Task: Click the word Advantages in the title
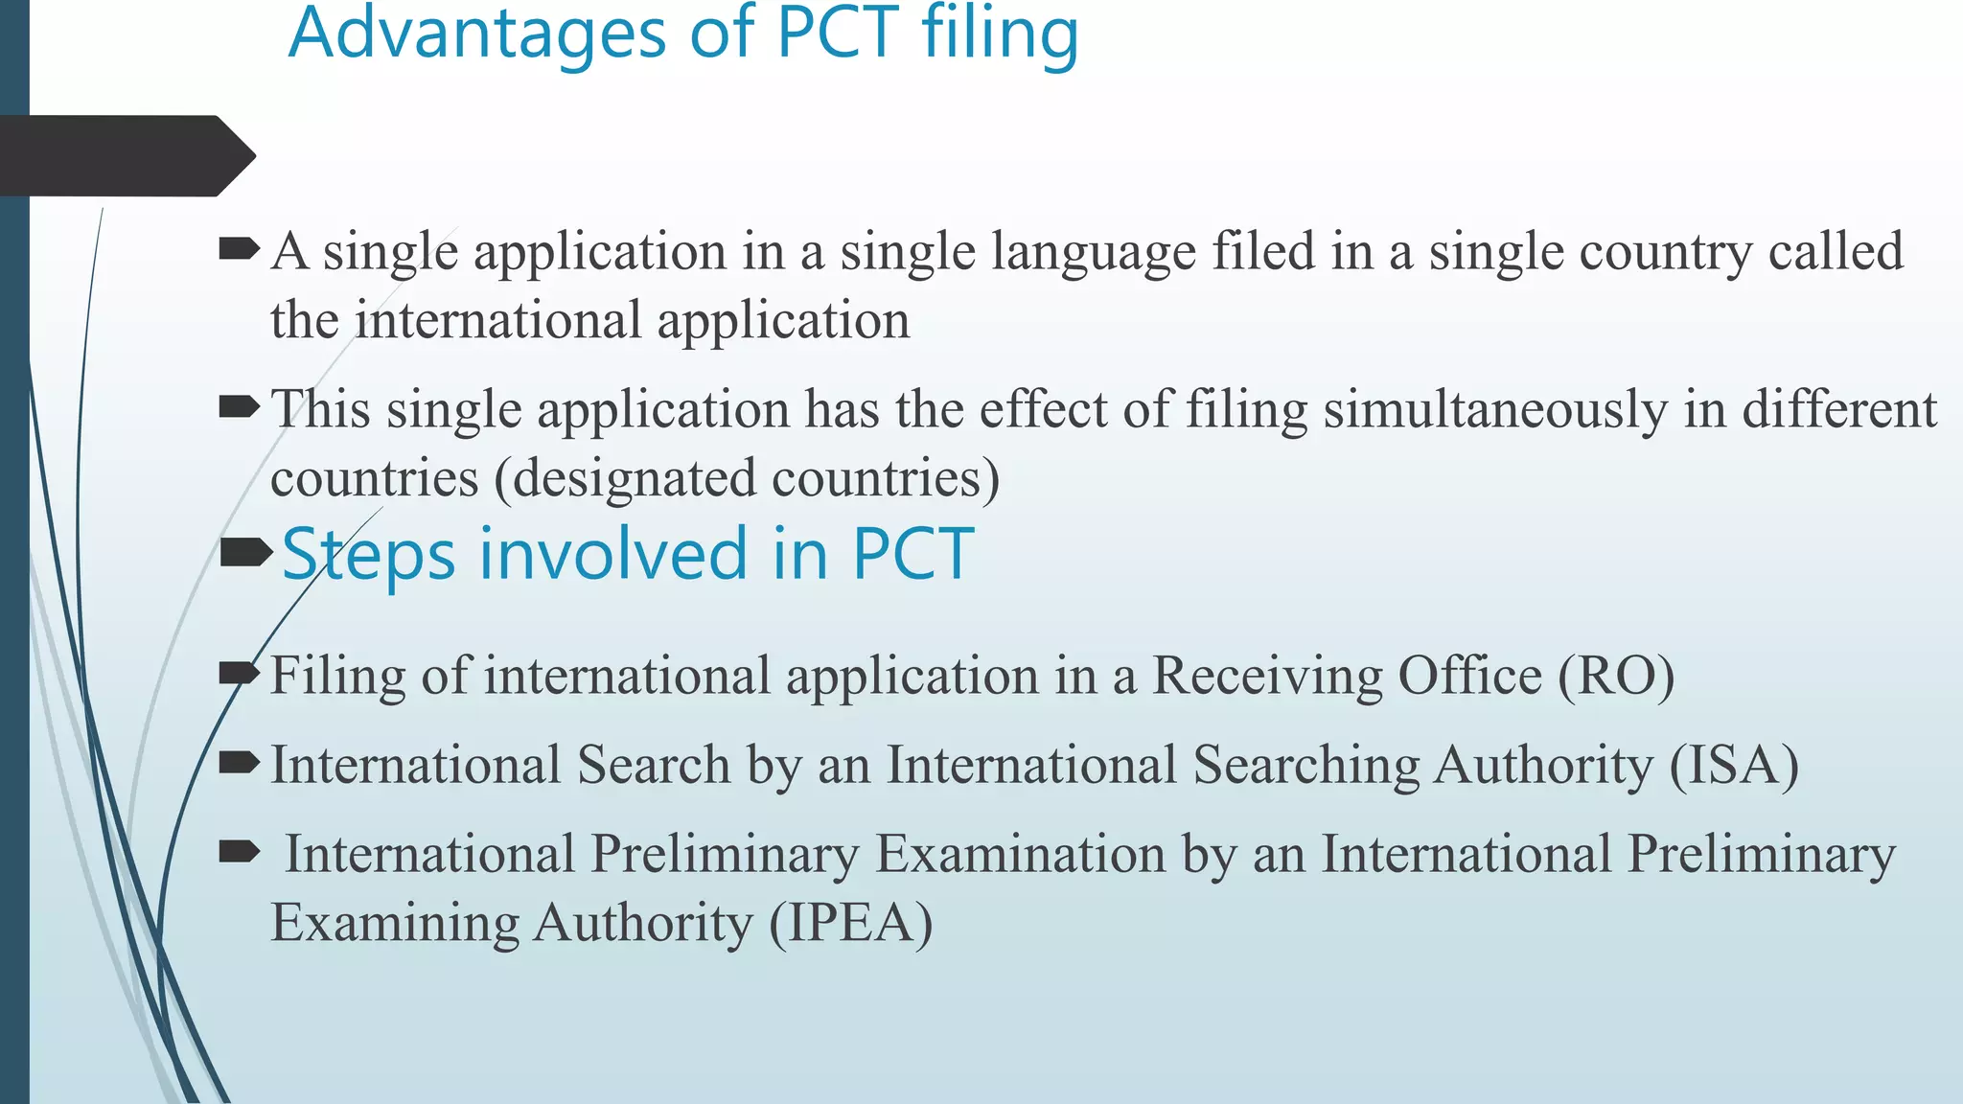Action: pyautogui.click(x=476, y=34)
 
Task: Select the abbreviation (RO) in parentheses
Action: pyautogui.click(x=1616, y=676)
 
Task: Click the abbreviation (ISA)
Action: pyautogui.click(x=1734, y=766)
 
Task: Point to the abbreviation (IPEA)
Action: pyautogui.click(x=851, y=923)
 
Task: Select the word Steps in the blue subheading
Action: pyautogui.click(x=369, y=555)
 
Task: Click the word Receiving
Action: pyautogui.click(x=1266, y=676)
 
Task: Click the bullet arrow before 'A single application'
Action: pyautogui.click(x=239, y=250)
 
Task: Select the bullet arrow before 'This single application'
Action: pyautogui.click(x=239, y=408)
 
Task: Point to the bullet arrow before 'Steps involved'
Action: pyautogui.click(x=245, y=553)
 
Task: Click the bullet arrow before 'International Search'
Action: pyautogui.click(x=239, y=763)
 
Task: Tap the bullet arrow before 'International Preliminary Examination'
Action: pyautogui.click(x=239, y=851)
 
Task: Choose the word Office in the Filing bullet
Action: pyautogui.click(x=1469, y=676)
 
